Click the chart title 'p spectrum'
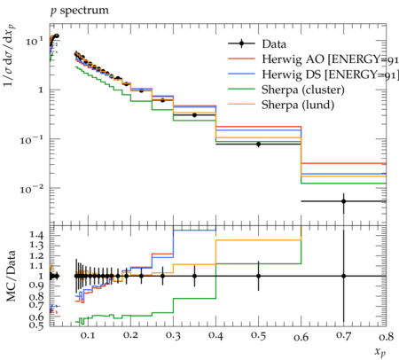[x=80, y=11]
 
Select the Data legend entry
[x=257, y=44]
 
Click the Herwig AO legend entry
[x=313, y=59]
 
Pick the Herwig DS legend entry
[x=313, y=74]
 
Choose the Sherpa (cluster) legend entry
[x=286, y=90]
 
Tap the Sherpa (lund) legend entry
[x=281, y=105]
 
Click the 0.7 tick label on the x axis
[x=343, y=335]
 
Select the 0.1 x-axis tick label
[x=88, y=335]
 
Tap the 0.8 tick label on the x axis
[x=386, y=336]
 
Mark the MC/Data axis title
[x=12, y=276]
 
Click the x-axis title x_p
[x=380, y=352]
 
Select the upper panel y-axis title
[x=10, y=55]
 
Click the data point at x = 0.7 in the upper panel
[x=343, y=201]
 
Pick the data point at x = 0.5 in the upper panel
[x=258, y=145]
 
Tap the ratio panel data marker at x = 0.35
[x=194, y=276]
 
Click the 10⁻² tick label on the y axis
[x=33, y=189]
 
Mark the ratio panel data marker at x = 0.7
[x=343, y=276]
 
